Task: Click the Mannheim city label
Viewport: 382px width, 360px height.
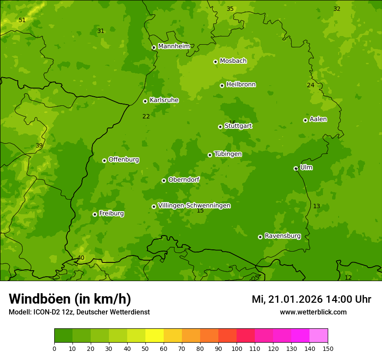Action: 174,46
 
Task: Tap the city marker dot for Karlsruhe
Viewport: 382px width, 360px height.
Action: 145,101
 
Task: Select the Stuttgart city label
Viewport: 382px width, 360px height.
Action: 238,126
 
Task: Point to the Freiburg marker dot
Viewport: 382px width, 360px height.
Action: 95,214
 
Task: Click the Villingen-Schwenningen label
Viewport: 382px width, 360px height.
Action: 194,206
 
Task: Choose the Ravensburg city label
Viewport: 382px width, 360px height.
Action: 282,236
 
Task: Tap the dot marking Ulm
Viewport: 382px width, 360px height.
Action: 296,168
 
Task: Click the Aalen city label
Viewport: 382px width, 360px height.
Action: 318,119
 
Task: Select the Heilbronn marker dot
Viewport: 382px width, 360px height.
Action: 222,85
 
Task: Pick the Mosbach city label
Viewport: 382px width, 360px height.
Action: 233,61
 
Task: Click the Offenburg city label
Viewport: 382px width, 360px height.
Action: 124,160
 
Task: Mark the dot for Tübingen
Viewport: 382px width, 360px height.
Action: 210,155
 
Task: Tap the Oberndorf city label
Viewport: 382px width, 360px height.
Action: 184,180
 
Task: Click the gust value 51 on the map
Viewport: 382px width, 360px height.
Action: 22,20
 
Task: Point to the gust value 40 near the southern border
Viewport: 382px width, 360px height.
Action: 81,258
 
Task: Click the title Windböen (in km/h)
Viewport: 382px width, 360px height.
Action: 70,299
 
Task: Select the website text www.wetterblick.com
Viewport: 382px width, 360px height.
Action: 313,312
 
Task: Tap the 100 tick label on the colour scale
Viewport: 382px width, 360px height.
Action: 237,348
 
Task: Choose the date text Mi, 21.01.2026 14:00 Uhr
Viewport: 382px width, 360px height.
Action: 311,299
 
